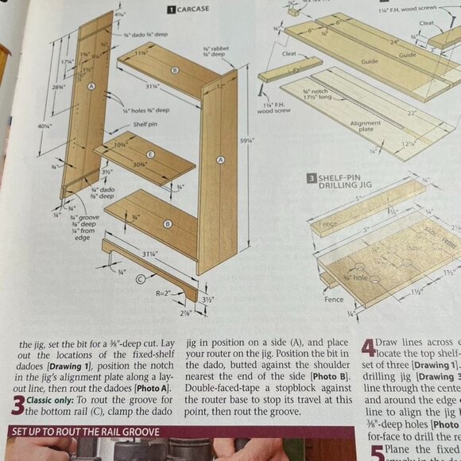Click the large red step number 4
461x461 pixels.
368,347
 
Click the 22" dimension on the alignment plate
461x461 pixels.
413,114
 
